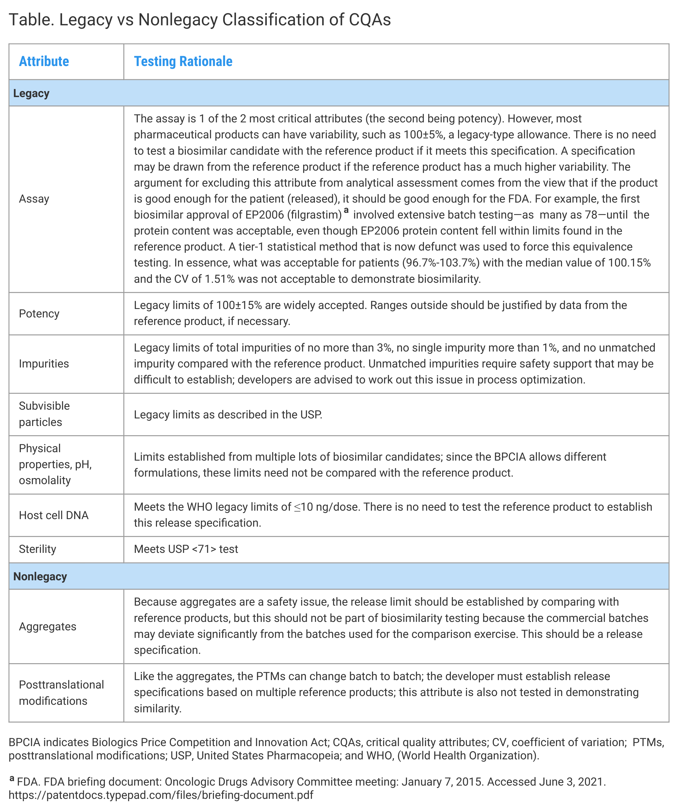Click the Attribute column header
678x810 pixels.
click(x=44, y=61)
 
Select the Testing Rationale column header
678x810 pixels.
click(x=183, y=61)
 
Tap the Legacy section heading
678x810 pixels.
click(x=31, y=93)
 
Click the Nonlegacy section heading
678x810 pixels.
click(x=40, y=576)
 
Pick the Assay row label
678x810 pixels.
click(x=34, y=199)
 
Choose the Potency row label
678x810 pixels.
click(x=39, y=314)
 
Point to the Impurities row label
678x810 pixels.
click(x=44, y=364)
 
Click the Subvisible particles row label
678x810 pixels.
click(x=44, y=414)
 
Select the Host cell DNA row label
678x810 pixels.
click(x=54, y=515)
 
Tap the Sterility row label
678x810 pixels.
click(x=37, y=549)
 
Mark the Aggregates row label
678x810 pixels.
click(x=47, y=626)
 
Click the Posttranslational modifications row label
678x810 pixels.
click(x=61, y=693)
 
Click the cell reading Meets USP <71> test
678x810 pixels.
click(x=186, y=549)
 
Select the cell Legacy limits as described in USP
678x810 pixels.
click(x=228, y=414)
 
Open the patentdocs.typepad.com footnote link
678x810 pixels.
click(x=161, y=795)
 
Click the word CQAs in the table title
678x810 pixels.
click(x=369, y=20)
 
